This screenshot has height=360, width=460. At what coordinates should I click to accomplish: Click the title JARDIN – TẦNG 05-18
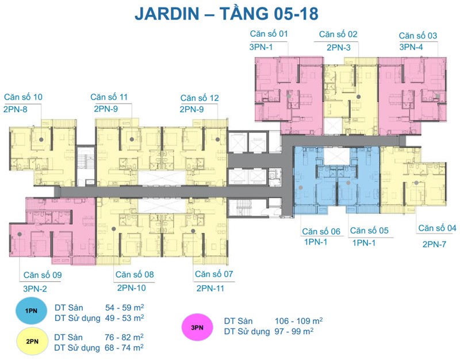(227, 13)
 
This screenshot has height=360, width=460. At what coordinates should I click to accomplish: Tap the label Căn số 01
(269, 34)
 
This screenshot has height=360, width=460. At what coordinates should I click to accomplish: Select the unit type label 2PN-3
(339, 48)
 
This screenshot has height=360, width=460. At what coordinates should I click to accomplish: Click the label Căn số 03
(418, 36)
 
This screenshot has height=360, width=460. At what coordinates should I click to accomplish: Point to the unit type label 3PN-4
(411, 47)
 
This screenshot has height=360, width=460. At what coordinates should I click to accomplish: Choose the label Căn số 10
(23, 97)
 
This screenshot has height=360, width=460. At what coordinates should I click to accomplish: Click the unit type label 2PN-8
(16, 109)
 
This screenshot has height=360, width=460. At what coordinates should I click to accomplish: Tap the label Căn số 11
(109, 97)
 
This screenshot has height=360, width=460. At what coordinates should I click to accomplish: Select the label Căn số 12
(200, 98)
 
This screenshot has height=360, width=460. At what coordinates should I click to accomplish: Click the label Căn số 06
(321, 232)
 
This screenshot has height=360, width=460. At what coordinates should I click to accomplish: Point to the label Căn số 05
(369, 231)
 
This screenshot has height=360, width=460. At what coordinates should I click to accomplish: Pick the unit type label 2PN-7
(434, 244)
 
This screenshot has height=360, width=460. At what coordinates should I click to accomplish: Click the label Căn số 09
(43, 275)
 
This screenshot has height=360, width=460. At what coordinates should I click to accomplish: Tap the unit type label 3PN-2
(35, 289)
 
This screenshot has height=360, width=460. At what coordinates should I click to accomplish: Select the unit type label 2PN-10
(132, 288)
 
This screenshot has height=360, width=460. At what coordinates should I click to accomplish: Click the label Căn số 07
(214, 274)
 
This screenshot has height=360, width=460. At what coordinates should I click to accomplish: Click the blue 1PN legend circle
(32, 311)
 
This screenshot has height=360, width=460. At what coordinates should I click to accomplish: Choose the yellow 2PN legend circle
(32, 341)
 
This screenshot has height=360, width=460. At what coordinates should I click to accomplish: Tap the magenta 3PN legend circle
(197, 327)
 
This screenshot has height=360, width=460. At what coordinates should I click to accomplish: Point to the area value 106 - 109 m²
(298, 321)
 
